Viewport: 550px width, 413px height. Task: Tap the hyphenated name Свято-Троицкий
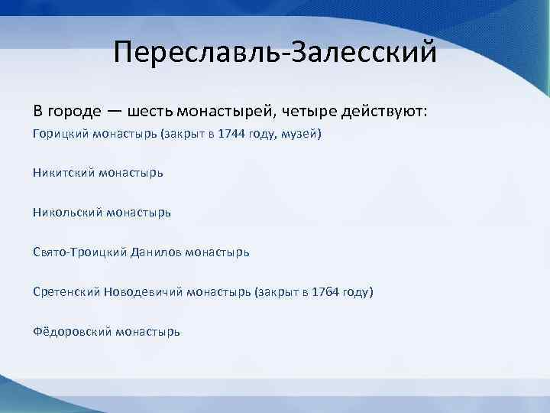80,252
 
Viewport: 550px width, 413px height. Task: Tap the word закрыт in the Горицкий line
180,134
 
